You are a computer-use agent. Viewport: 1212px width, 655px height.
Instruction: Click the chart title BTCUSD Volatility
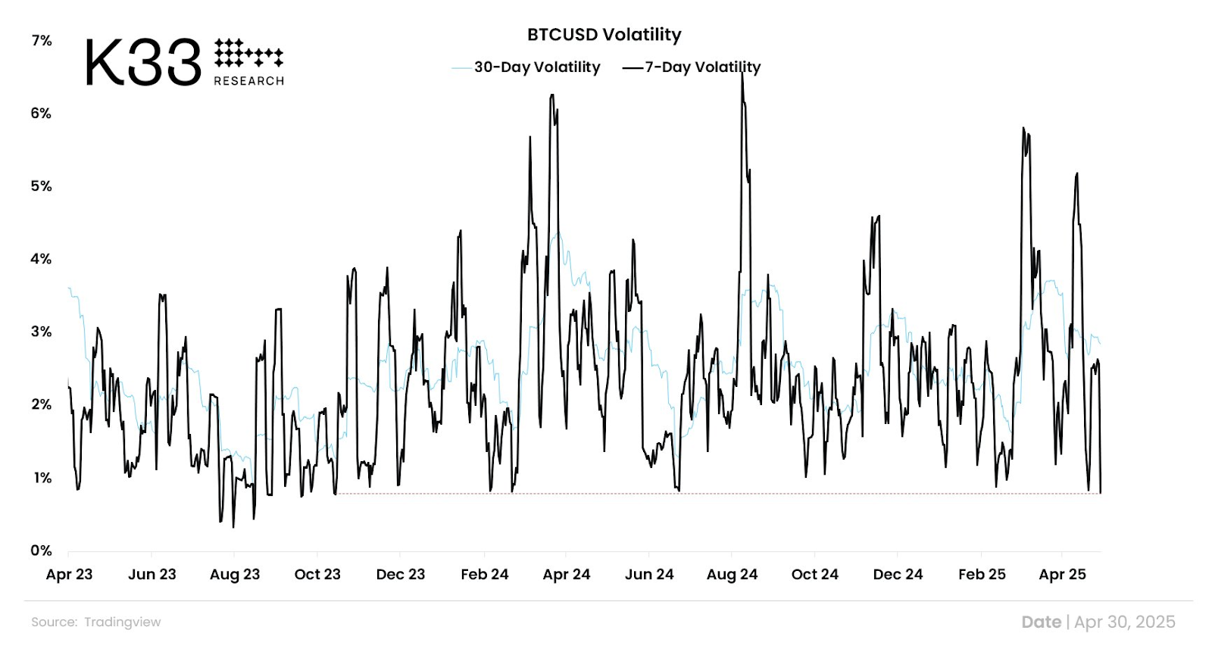pyautogui.click(x=604, y=35)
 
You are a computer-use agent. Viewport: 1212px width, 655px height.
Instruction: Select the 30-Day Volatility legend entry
pyautogui.click(x=536, y=67)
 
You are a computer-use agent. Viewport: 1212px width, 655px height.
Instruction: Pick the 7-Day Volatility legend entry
pyautogui.click(x=702, y=67)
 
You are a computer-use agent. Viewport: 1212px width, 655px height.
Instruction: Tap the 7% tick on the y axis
pyautogui.click(x=42, y=41)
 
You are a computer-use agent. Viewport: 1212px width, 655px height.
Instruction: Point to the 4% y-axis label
pyautogui.click(x=42, y=259)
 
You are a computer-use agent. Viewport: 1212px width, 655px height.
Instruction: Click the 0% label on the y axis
pyautogui.click(x=42, y=551)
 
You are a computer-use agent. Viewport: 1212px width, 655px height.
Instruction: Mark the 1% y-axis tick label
pyautogui.click(x=42, y=478)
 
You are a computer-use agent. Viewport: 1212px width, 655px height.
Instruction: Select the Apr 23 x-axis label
pyautogui.click(x=69, y=575)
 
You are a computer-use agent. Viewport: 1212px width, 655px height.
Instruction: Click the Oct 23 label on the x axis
pyautogui.click(x=317, y=575)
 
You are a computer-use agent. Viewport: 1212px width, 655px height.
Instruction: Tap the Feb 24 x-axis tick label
pyautogui.click(x=484, y=575)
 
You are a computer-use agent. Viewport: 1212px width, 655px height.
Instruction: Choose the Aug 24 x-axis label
pyautogui.click(x=732, y=575)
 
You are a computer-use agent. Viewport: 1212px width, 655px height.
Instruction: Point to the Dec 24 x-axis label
pyautogui.click(x=898, y=575)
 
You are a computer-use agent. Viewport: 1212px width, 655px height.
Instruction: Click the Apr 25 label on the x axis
pyautogui.click(x=1062, y=575)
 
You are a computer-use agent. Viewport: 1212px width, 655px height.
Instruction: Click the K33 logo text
pyautogui.click(x=143, y=63)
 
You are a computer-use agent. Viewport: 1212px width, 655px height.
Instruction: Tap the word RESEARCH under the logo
pyautogui.click(x=248, y=81)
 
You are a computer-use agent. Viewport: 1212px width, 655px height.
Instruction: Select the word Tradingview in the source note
pyautogui.click(x=123, y=622)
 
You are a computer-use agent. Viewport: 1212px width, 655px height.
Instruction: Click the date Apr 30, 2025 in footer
pyautogui.click(x=1124, y=622)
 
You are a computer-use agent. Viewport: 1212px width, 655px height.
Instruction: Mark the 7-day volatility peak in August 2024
pyautogui.click(x=742, y=75)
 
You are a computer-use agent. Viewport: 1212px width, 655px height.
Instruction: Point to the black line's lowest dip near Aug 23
pyautogui.click(x=233, y=526)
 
